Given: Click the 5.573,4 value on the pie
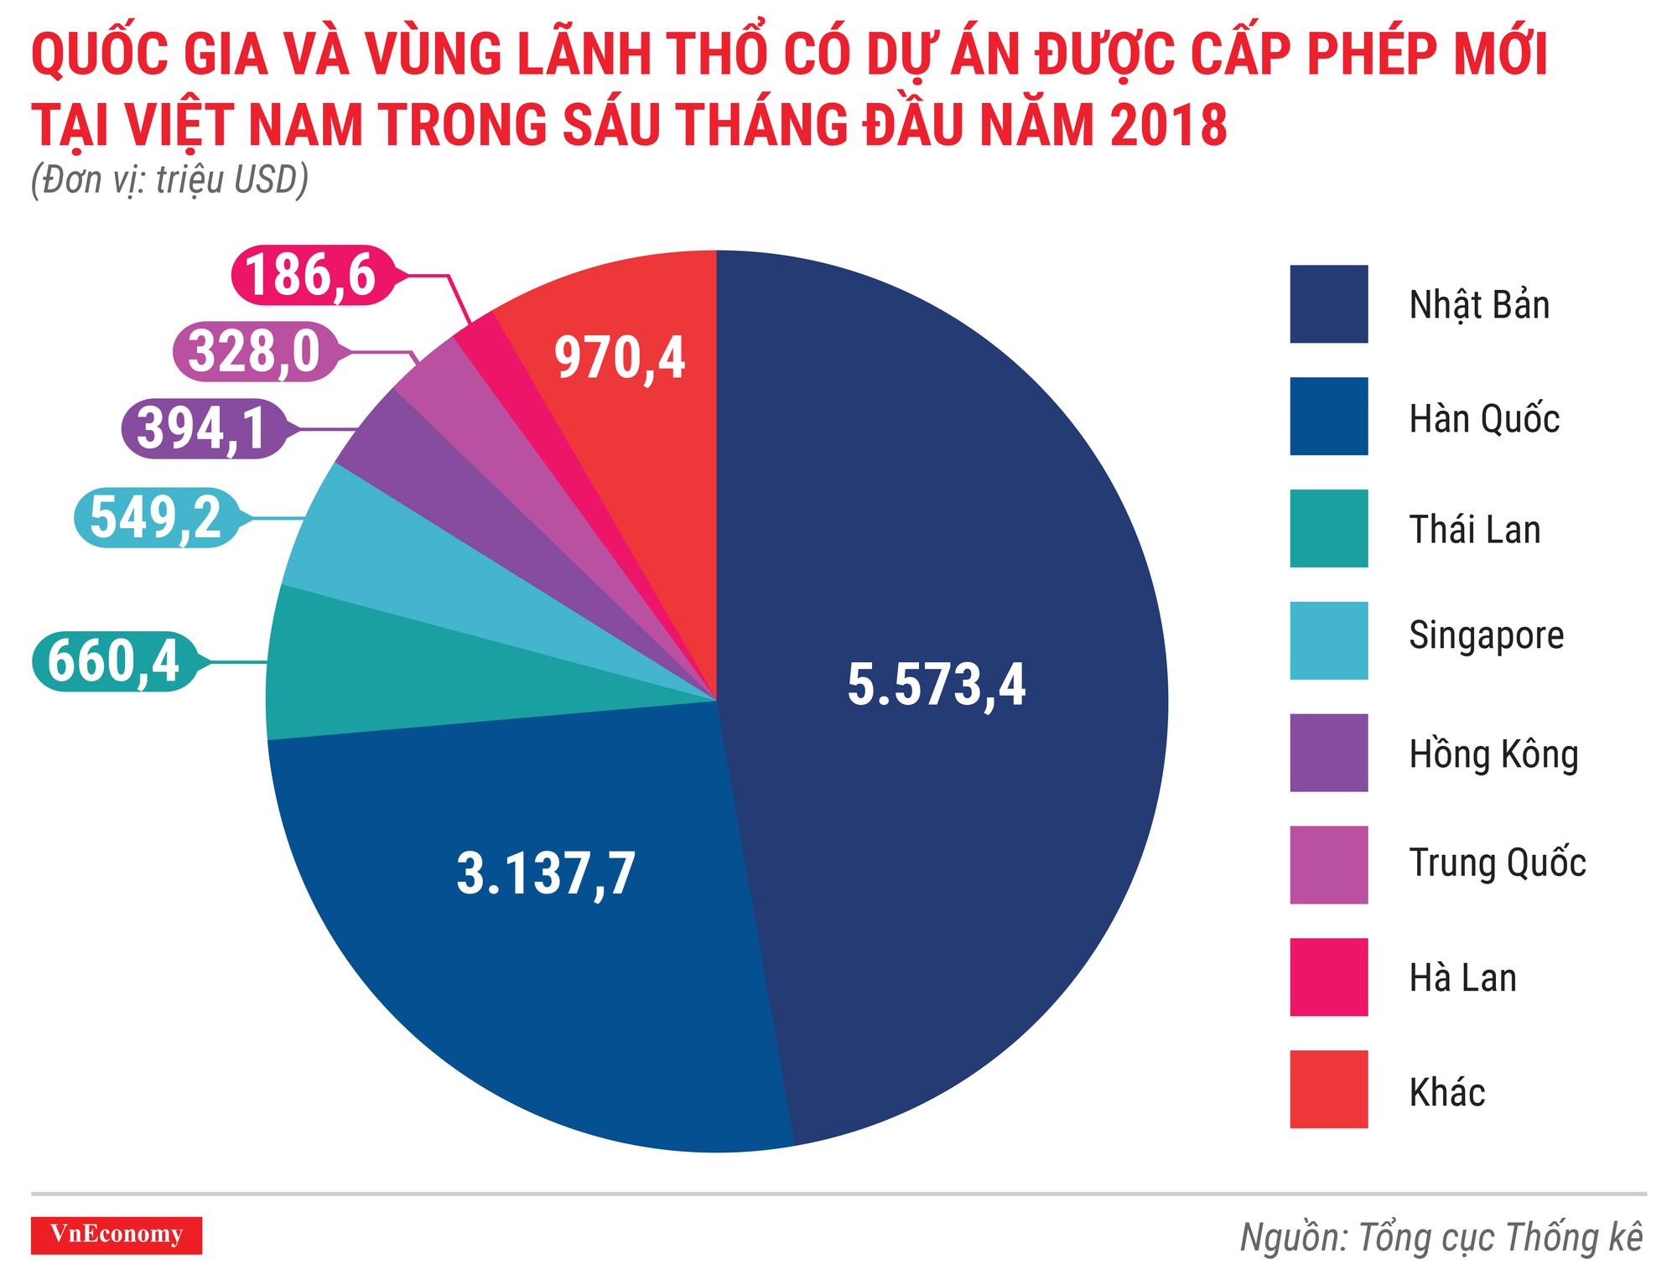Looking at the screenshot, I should [x=936, y=685].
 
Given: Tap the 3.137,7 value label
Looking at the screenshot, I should [x=546, y=873].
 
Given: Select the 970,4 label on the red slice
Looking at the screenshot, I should [x=620, y=358].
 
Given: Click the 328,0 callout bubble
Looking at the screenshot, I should [x=254, y=351].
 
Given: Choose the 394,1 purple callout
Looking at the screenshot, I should [x=202, y=428].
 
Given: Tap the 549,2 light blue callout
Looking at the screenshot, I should [x=156, y=517].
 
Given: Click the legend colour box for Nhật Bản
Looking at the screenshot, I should [x=1328, y=304].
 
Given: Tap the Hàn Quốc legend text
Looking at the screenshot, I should [x=1483, y=418].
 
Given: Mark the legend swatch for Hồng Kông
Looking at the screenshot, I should [x=1328, y=753].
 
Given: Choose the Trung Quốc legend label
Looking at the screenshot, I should [x=1497, y=863].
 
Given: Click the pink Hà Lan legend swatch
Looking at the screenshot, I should [x=1328, y=977].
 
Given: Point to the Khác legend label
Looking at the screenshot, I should [x=1446, y=1092].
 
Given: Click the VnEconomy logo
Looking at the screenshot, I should [x=117, y=1235].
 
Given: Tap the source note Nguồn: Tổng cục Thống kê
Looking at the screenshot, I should [x=1441, y=1238].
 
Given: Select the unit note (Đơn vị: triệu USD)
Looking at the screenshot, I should [x=169, y=180].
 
